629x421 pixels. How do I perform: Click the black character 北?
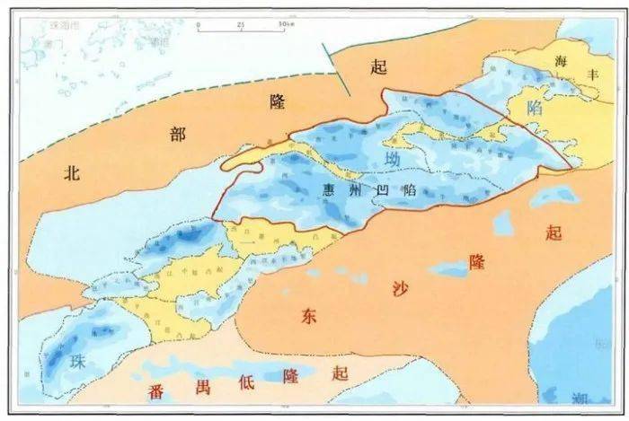(x=73, y=174)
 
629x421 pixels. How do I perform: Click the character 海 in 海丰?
(x=563, y=61)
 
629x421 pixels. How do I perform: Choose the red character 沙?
(x=399, y=287)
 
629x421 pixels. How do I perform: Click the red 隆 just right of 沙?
(x=477, y=262)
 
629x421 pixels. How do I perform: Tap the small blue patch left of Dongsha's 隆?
(x=445, y=268)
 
